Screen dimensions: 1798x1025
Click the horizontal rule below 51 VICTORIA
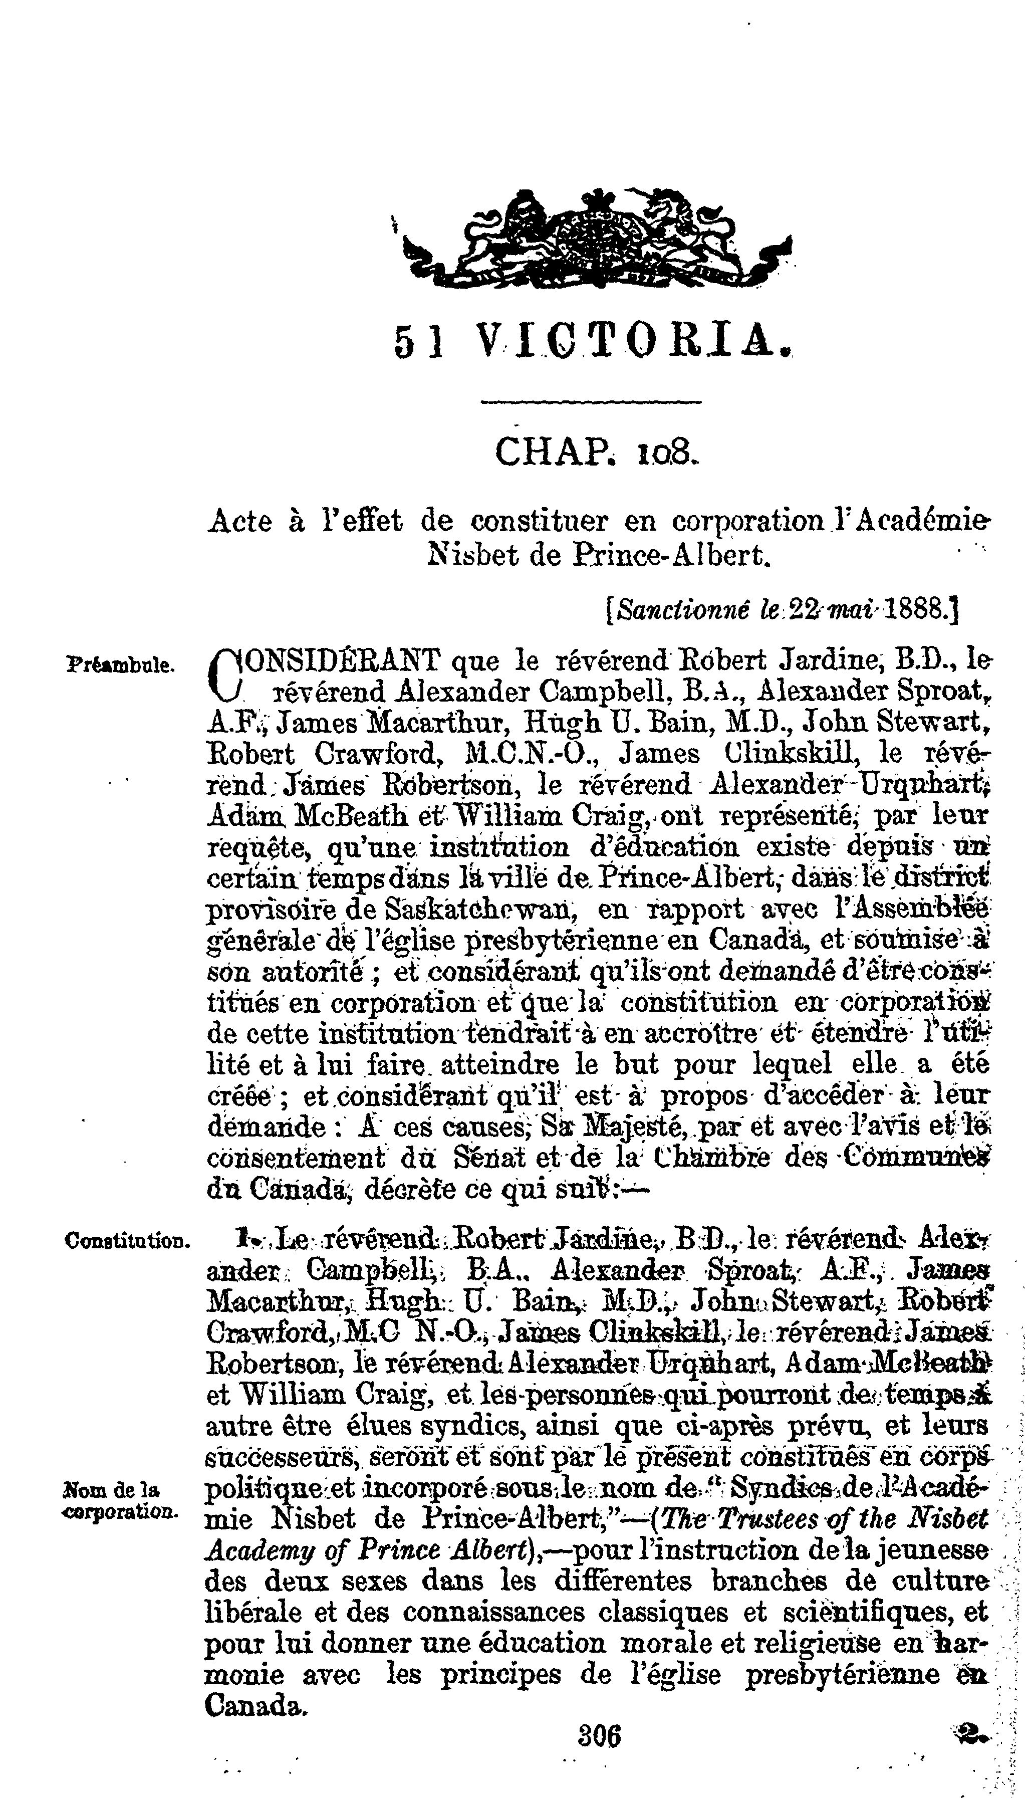coord(591,403)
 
